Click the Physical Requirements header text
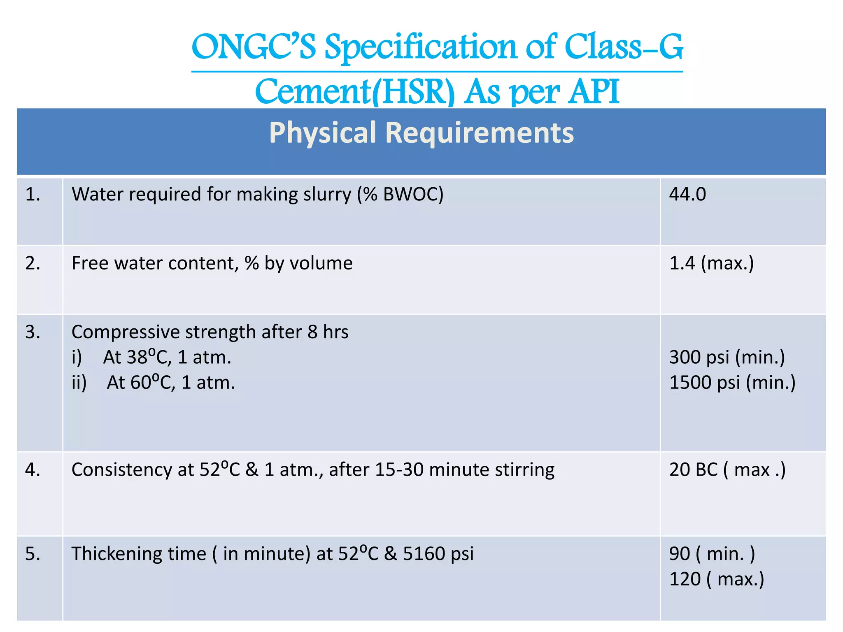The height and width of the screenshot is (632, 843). click(421, 132)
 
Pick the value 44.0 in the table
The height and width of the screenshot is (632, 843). click(687, 194)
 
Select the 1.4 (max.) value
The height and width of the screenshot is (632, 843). click(711, 263)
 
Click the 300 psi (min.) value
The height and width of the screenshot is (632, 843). click(727, 357)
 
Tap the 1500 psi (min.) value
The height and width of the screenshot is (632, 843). click(732, 383)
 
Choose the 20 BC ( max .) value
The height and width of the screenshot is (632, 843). click(727, 470)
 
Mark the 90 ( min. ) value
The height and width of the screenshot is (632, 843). click(712, 554)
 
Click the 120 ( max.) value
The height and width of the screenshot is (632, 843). click(717, 579)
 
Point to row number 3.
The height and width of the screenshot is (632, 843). click(33, 332)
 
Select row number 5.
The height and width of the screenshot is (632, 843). click(33, 554)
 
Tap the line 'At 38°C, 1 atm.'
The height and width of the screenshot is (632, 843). click(167, 357)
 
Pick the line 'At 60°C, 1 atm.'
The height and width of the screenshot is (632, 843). click(170, 383)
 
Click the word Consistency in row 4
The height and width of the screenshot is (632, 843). click(121, 470)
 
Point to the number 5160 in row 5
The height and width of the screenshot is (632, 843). click(424, 554)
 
